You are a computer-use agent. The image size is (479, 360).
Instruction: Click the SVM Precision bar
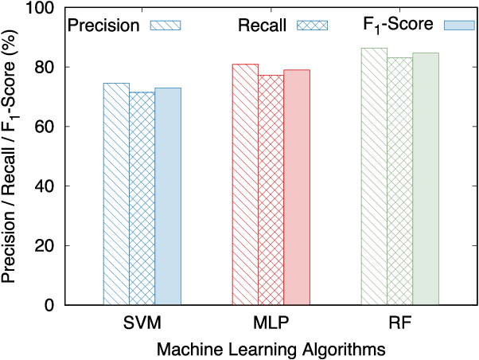tap(116, 194)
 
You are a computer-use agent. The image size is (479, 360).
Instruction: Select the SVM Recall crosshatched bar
tap(142, 198)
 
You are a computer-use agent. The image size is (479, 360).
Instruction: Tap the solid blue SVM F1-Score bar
tap(168, 196)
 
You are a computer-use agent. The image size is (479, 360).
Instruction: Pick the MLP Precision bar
tap(245, 184)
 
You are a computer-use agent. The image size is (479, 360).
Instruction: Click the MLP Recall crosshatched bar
tap(271, 190)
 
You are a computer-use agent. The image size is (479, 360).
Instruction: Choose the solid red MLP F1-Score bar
tap(297, 187)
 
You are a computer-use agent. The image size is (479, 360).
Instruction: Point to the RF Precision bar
tap(374, 176)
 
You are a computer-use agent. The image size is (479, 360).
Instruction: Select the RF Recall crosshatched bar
tap(399, 181)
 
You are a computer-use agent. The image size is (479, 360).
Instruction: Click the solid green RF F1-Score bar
tap(426, 178)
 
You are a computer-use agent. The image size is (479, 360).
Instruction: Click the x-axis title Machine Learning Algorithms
tap(271, 349)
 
